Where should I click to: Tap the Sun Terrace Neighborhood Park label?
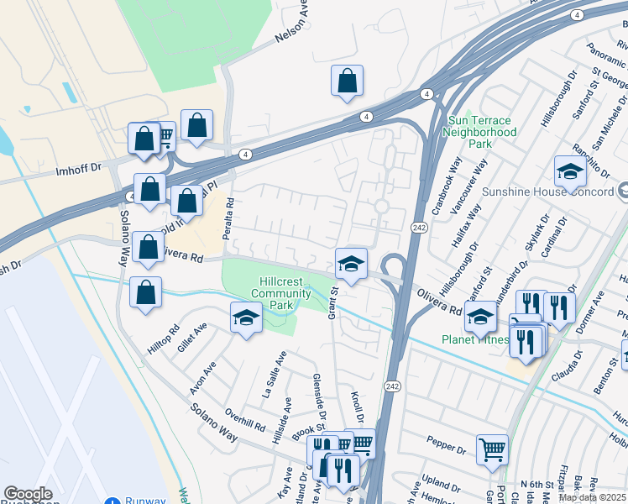pos(479,133)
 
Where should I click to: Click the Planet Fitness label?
pos(475,339)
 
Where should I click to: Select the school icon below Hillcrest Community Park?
pos(246,317)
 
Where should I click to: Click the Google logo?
pos(28,494)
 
